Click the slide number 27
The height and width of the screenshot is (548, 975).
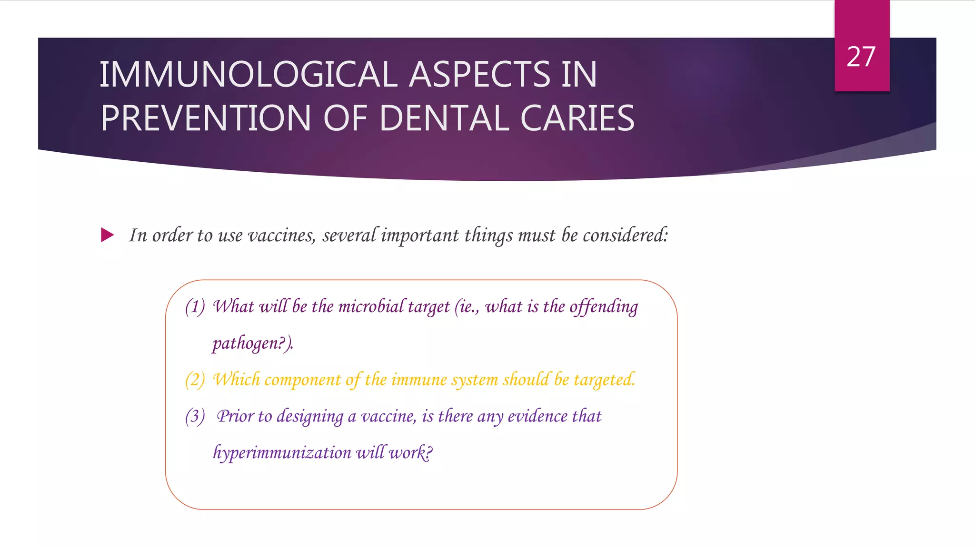[861, 57]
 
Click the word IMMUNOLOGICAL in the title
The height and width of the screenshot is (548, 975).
[248, 75]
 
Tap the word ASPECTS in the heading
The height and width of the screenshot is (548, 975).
[479, 75]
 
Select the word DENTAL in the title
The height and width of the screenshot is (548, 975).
[444, 118]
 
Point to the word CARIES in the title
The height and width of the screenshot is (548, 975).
[577, 118]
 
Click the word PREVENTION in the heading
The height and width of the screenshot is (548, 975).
[206, 118]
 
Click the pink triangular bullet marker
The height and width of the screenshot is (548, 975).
[108, 235]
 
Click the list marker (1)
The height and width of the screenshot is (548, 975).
[195, 307]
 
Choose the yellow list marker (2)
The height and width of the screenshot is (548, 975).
[195, 380]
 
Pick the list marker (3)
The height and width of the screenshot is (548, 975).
[195, 417]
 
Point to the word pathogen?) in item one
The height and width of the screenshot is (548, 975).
[253, 343]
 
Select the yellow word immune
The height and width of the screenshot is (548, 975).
[419, 380]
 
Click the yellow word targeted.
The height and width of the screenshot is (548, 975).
[604, 380]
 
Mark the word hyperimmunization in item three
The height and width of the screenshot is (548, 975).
[282, 453]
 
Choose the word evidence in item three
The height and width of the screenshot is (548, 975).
[537, 417]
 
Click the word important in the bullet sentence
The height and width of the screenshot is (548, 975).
[420, 235]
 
